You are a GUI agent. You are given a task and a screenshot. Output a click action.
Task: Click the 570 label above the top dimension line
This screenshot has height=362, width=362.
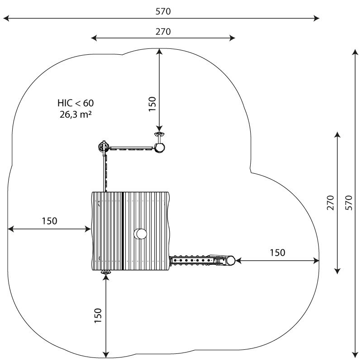163,11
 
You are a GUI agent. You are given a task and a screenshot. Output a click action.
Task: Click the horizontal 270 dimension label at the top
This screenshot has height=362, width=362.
163,32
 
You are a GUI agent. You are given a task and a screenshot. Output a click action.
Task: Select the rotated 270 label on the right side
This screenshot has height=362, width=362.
330,203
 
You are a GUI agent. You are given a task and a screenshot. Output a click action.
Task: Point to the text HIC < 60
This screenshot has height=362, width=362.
76,103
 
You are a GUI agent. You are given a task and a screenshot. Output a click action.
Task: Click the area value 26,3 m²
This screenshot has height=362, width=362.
76,114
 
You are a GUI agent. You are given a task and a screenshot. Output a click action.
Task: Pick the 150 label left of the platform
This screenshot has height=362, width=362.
49,221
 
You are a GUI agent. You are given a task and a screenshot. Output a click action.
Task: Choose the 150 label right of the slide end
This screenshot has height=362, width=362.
277,252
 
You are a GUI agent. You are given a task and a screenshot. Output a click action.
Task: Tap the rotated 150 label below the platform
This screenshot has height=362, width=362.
98,315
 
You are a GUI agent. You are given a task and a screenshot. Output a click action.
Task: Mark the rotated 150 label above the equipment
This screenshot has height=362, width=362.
152,104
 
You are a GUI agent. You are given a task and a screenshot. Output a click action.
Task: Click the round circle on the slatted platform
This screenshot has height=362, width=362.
140,234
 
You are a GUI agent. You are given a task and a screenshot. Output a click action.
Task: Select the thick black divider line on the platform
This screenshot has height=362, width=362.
123,231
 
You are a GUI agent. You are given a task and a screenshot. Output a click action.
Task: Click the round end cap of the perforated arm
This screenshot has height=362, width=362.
230,261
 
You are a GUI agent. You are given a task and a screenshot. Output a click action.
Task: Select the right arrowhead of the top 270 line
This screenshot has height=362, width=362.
232,38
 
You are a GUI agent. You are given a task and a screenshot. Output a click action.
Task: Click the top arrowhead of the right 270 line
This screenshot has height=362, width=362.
338,135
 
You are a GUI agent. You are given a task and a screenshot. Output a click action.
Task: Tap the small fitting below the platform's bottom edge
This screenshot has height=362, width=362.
106,272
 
